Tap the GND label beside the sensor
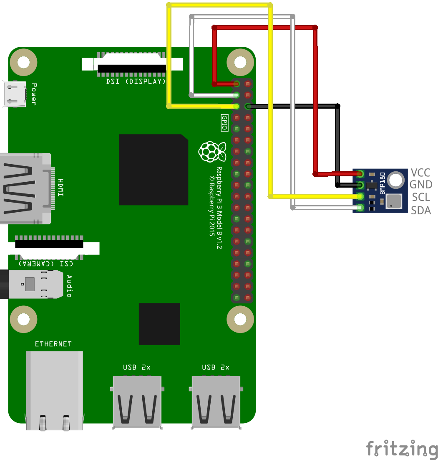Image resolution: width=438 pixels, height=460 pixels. (420, 185)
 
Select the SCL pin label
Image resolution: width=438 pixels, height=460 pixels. (420, 197)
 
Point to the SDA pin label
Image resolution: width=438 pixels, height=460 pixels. (420, 210)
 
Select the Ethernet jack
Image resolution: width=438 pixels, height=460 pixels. (54, 389)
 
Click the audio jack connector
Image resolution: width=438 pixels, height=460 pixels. (31, 284)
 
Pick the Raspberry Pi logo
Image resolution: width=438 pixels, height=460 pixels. (212, 151)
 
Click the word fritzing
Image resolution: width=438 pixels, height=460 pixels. (402, 449)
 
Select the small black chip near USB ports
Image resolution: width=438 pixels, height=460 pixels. (159, 324)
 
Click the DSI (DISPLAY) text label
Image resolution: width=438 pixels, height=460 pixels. (136, 81)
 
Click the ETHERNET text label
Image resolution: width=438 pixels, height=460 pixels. (53, 344)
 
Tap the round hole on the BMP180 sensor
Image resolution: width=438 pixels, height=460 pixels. (395, 180)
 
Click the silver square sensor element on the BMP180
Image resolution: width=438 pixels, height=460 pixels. (394, 201)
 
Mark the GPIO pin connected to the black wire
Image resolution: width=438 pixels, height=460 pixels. (248, 107)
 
